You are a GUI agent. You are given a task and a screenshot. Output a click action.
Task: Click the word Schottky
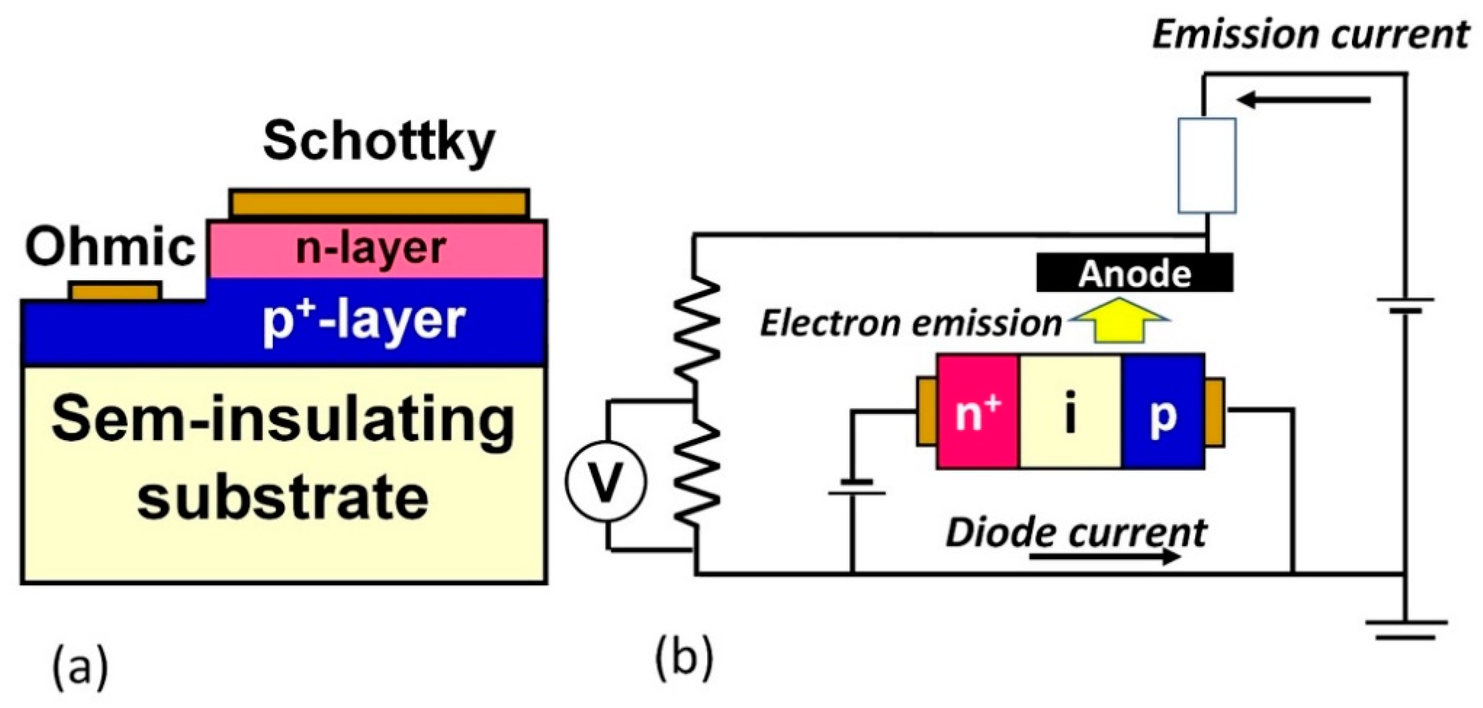378,142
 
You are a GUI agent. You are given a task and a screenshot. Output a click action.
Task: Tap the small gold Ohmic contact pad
114,291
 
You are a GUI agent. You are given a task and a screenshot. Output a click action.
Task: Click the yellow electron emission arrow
1120,322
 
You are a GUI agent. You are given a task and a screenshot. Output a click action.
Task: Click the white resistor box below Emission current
1206,166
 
